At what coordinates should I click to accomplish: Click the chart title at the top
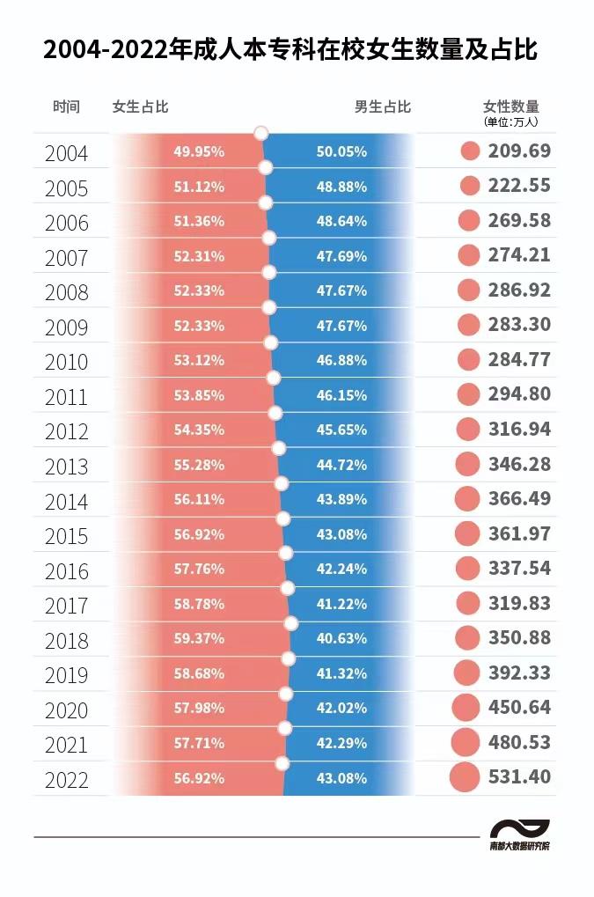tap(290, 50)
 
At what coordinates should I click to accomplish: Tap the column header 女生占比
tap(140, 107)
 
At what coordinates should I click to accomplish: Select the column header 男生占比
tap(383, 107)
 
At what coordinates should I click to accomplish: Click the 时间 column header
tap(66, 107)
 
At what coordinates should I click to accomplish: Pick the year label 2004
tap(67, 153)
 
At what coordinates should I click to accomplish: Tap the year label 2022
tap(67, 780)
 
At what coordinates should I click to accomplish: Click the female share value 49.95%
tap(199, 151)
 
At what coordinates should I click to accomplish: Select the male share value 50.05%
tap(341, 151)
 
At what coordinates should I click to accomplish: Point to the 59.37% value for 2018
tap(199, 639)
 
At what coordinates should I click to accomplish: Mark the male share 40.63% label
tap(341, 639)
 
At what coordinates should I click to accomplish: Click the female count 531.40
tap(519, 777)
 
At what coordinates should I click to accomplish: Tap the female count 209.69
tap(519, 151)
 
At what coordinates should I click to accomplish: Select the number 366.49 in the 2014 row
tap(519, 499)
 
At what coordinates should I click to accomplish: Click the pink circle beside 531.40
tap(465, 777)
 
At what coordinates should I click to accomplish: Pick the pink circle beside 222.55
tap(470, 186)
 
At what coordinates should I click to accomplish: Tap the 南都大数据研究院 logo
tap(520, 835)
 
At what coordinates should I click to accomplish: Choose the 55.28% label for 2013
tap(199, 465)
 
